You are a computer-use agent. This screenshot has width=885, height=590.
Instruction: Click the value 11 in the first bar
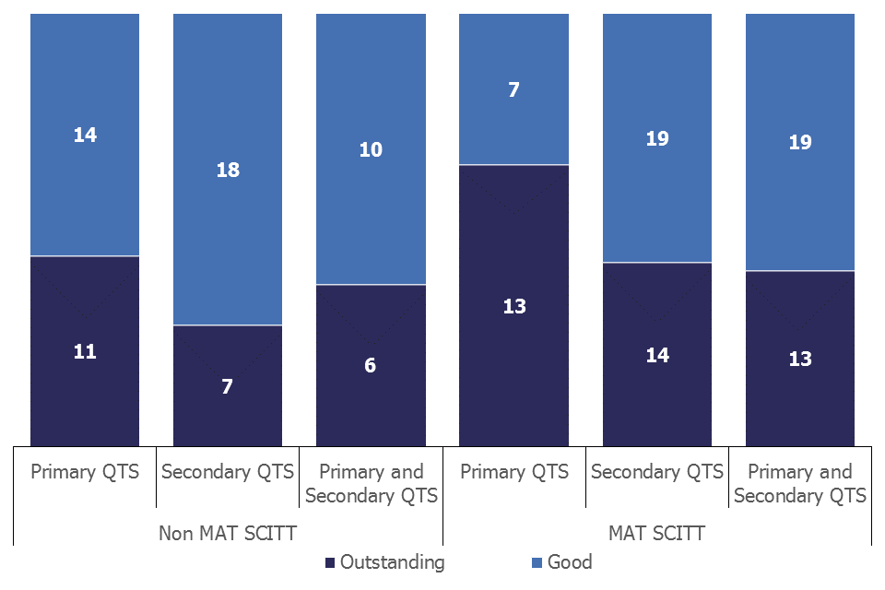pyautogui.click(x=85, y=351)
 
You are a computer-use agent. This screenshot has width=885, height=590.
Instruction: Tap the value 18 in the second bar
pyautogui.click(x=228, y=170)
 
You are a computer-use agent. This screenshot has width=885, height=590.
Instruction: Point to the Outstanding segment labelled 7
pyautogui.click(x=228, y=386)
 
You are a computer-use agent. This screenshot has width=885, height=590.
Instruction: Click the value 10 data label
pyautogui.click(x=371, y=149)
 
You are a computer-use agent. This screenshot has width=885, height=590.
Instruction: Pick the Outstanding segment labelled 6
pyautogui.click(x=371, y=365)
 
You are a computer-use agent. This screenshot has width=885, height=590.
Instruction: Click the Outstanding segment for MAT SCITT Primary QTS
pyautogui.click(x=514, y=305)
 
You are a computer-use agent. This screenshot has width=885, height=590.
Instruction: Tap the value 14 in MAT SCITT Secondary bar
pyautogui.click(x=657, y=355)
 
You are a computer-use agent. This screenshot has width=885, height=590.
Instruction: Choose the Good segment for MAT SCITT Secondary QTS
pyautogui.click(x=657, y=138)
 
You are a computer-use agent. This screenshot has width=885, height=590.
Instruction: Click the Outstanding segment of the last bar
pyautogui.click(x=800, y=359)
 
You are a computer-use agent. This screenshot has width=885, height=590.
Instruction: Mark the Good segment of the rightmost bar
pyautogui.click(x=800, y=142)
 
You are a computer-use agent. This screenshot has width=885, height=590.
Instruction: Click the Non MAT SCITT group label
pyautogui.click(x=228, y=533)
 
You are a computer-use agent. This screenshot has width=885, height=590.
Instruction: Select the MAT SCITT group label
pyautogui.click(x=657, y=533)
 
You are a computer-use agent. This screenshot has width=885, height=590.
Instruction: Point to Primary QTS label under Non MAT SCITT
pyautogui.click(x=85, y=472)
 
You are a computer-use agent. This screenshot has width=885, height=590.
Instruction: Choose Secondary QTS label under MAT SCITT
pyautogui.click(x=657, y=472)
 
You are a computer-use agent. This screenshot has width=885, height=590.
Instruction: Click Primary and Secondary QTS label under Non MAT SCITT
pyautogui.click(x=371, y=484)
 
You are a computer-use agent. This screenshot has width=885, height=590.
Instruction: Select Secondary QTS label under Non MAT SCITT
pyautogui.click(x=228, y=472)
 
